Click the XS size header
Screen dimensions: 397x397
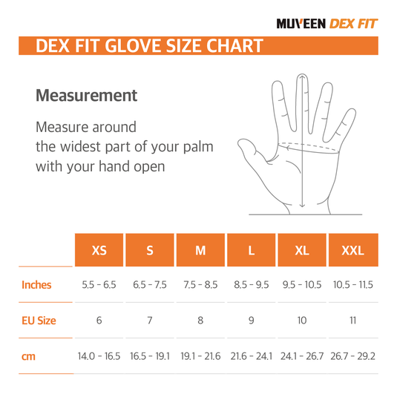[x=99, y=250]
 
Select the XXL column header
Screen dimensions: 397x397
[x=353, y=250]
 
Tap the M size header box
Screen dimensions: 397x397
[x=200, y=250]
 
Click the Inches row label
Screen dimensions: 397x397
[x=36, y=285]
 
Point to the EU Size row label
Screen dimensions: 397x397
[x=39, y=321]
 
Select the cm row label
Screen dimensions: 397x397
[x=28, y=356]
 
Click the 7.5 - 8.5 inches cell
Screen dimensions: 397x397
[x=200, y=285]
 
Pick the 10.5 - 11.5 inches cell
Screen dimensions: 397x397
[x=353, y=285]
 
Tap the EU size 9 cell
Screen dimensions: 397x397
[x=251, y=321]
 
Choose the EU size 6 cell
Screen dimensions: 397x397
[x=99, y=321]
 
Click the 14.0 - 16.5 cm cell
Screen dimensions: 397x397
[x=99, y=356]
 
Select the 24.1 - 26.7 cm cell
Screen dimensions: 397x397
[x=302, y=356]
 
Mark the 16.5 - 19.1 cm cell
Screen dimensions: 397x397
[x=150, y=356]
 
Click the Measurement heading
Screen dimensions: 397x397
[x=86, y=96]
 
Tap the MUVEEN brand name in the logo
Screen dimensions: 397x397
[x=301, y=24]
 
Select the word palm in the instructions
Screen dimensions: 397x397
[x=198, y=147]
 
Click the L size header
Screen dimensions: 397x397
[x=251, y=250]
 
